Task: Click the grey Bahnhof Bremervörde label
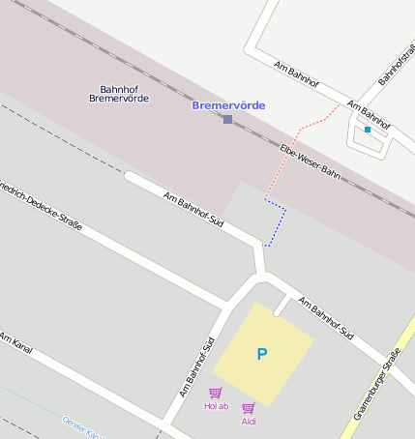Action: click(119, 93)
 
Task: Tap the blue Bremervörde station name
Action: click(228, 105)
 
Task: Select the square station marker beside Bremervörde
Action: click(227, 119)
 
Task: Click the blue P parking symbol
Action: click(261, 355)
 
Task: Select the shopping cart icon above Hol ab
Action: click(216, 393)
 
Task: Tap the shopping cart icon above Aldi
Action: click(249, 408)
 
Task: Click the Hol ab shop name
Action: click(216, 406)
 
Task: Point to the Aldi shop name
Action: click(249, 422)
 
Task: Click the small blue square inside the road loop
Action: click(368, 129)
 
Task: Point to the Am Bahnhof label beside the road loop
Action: click(369, 116)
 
